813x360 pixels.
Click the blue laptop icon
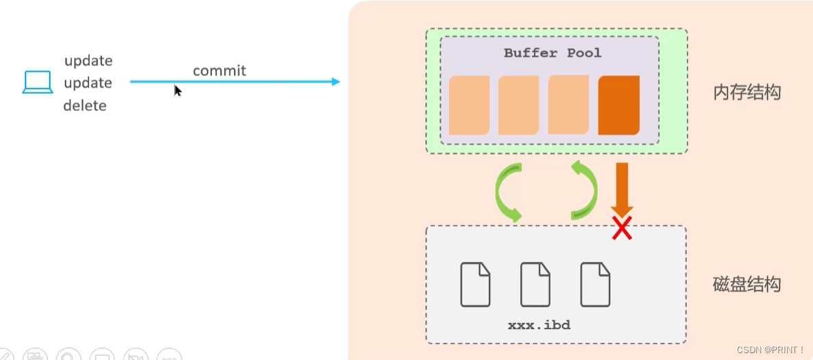coord(37,82)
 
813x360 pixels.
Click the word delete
coord(85,106)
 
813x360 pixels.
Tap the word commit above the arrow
coord(219,71)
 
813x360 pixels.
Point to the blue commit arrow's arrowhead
coord(335,82)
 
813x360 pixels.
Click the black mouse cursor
coord(178,91)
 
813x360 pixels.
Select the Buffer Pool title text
coord(553,53)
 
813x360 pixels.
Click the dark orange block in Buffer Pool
coord(618,106)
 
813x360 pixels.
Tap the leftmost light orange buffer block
coord(470,106)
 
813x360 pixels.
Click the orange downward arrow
coord(622,190)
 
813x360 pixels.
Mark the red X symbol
coord(622,228)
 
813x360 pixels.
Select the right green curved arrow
coord(585,191)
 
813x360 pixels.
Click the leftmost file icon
coord(475,285)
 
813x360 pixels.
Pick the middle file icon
coord(535,285)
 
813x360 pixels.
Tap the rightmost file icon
coord(595,285)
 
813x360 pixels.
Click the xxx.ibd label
coord(539,325)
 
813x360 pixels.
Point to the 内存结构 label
coord(747,93)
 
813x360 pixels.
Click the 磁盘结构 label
coord(747,285)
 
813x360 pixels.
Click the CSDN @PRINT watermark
coord(770,350)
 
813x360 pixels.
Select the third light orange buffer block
coord(568,105)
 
